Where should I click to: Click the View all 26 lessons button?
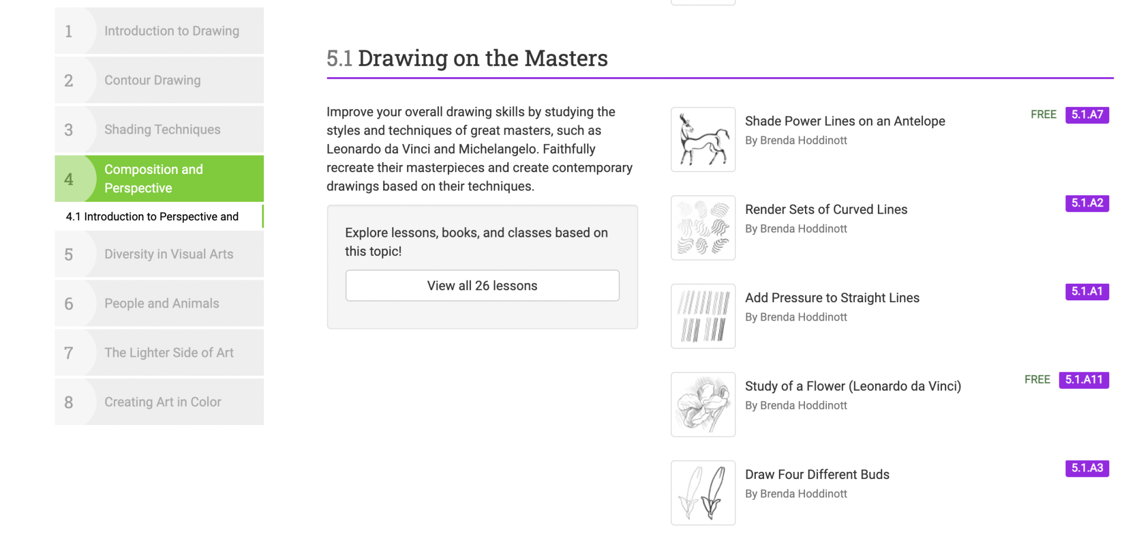tap(482, 286)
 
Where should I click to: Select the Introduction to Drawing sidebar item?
tap(159, 31)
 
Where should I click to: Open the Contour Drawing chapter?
tap(159, 80)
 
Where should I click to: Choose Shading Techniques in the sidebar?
tap(159, 129)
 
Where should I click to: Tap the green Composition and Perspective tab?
tap(159, 179)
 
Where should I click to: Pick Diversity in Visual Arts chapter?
tap(159, 254)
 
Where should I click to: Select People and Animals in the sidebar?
tap(159, 303)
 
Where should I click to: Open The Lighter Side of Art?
tap(159, 353)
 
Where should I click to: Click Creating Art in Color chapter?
tap(159, 402)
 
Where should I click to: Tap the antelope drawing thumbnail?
tap(703, 139)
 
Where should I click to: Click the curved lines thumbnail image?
tap(703, 228)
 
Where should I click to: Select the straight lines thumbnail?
tap(703, 316)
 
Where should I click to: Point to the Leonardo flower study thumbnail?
tap(703, 405)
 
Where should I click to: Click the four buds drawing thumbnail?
tap(703, 493)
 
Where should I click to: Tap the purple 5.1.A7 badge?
tap(1087, 115)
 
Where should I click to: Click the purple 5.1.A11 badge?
tap(1084, 380)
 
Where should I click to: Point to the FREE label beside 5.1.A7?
tap(1043, 115)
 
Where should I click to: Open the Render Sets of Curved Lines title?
tap(826, 210)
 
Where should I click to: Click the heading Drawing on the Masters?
tap(483, 58)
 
